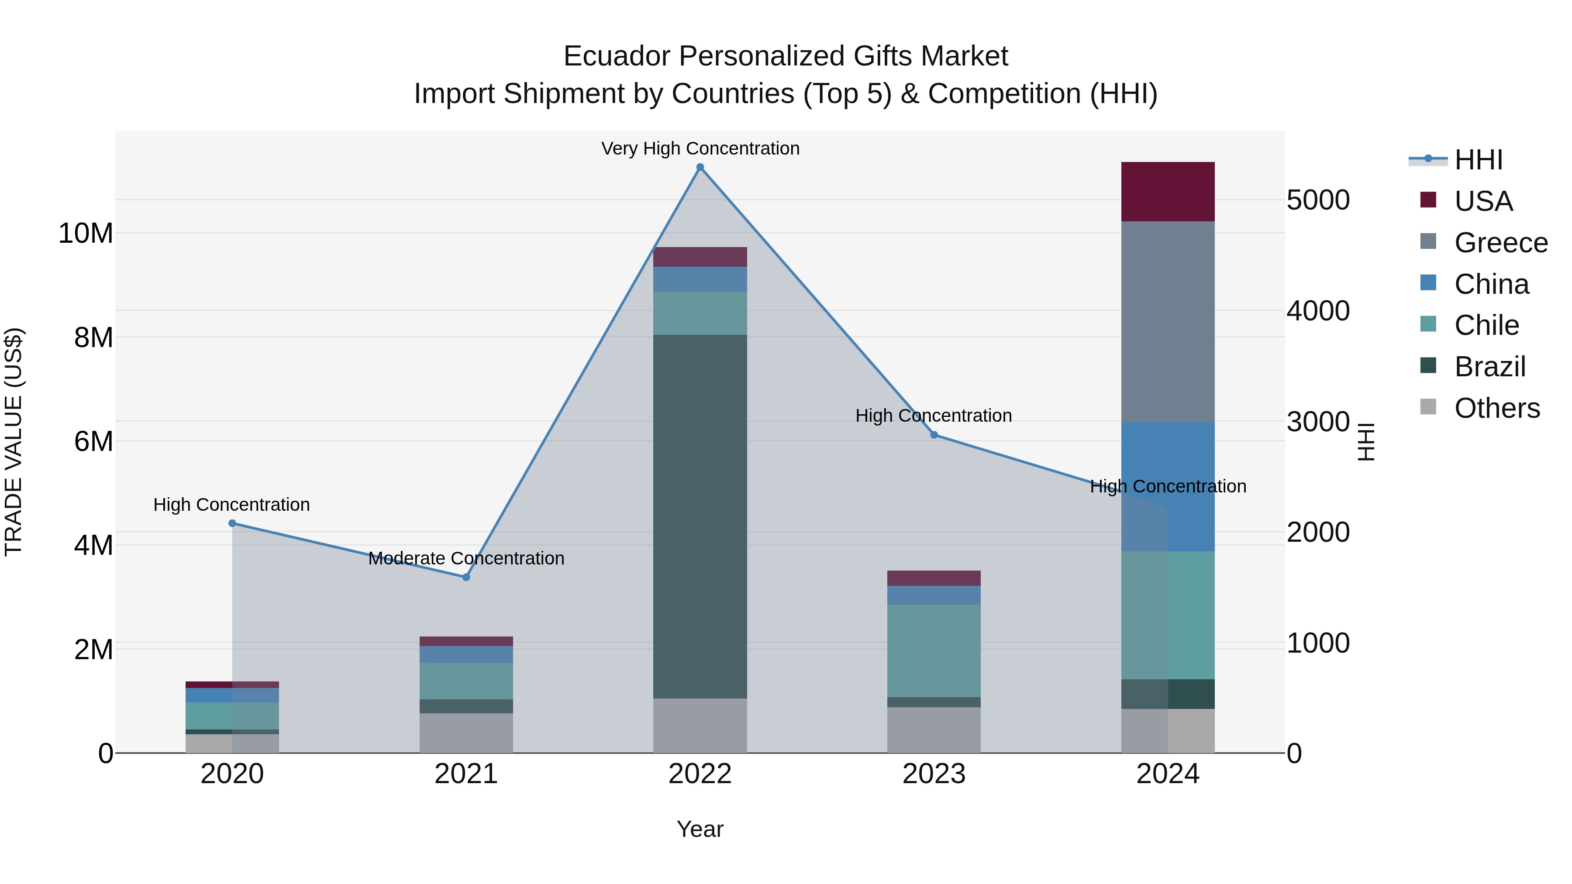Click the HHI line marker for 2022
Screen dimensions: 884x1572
pyautogui.click(x=700, y=167)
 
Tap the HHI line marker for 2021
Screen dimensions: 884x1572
pyautogui.click(x=466, y=577)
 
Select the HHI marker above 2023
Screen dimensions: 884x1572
pyautogui.click(x=934, y=435)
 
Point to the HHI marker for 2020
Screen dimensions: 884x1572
pyautogui.click(x=232, y=523)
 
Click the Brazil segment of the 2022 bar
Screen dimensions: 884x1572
pyautogui.click(x=700, y=516)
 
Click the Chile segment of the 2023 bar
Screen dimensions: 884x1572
pyautogui.click(x=934, y=650)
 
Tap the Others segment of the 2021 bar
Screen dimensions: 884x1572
pyautogui.click(x=466, y=733)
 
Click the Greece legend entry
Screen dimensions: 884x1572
pyautogui.click(x=1500, y=243)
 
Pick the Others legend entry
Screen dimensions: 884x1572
pyautogui.click(x=1496, y=408)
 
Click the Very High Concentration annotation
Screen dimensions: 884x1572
pyautogui.click(x=700, y=148)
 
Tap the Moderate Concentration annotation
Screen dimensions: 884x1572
pyautogui.click(x=466, y=558)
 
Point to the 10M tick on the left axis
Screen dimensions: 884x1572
pyautogui.click(x=86, y=233)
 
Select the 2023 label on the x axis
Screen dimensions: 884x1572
pyautogui.click(x=934, y=774)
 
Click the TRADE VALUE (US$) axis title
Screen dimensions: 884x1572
pyautogui.click(x=14, y=442)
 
